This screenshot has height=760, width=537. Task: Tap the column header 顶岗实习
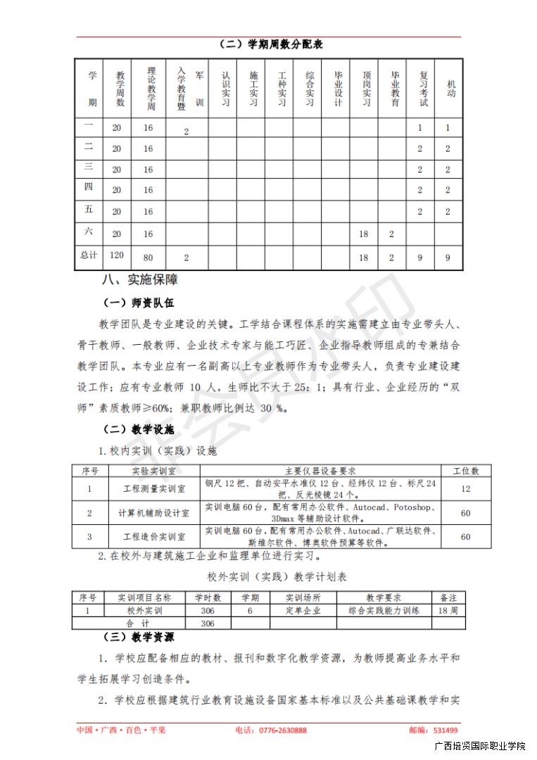click(x=366, y=89)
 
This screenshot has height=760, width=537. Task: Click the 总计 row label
click(x=89, y=257)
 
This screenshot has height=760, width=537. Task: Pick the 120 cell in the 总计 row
click(x=116, y=257)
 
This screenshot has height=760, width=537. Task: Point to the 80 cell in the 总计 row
click(x=148, y=258)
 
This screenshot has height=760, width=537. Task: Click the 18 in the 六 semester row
click(x=363, y=234)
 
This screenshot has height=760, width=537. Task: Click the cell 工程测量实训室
click(x=154, y=488)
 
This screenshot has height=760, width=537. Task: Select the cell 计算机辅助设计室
click(x=154, y=513)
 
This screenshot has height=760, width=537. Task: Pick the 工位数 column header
click(x=465, y=471)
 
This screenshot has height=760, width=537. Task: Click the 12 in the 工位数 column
click(x=465, y=488)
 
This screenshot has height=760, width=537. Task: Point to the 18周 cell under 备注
click(x=448, y=611)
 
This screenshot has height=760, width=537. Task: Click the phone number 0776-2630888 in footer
click(x=271, y=730)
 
